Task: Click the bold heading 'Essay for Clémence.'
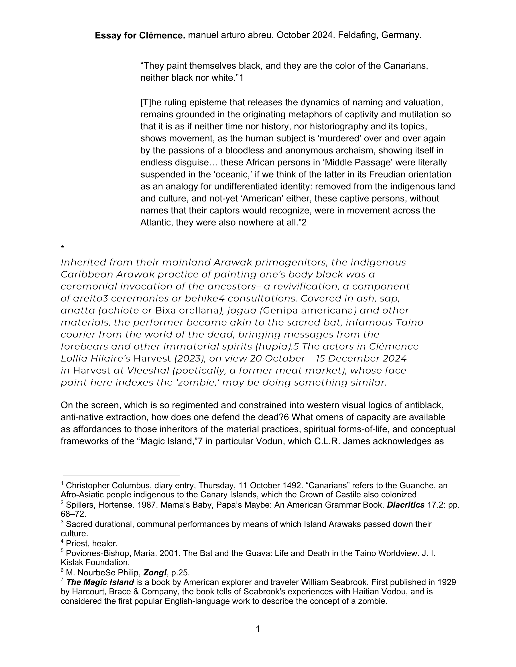pos(140,36)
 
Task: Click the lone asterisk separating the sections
pos(62,248)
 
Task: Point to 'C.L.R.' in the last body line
pos(327,441)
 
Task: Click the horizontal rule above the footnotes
pos(121,476)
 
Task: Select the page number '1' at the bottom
pos(258,629)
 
